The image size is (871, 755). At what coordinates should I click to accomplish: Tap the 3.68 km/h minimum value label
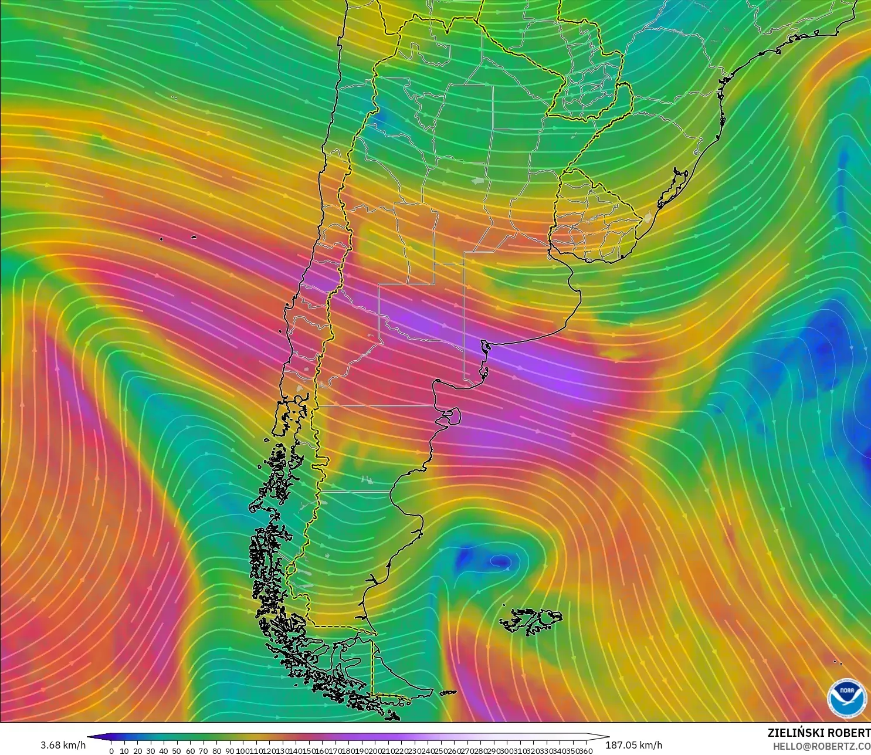tap(63, 745)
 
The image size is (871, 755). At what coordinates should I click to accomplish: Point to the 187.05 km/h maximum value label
tap(633, 745)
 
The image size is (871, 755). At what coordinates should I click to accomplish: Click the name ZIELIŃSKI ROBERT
tap(819, 733)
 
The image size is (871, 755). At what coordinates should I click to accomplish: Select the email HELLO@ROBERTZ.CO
tap(821, 746)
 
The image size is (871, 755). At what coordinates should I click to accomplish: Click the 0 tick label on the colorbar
tap(111, 751)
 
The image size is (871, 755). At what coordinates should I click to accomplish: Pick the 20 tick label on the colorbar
tap(137, 751)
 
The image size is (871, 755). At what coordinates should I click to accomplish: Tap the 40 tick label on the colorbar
tap(164, 751)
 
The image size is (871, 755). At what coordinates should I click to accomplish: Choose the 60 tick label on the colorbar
tap(190, 751)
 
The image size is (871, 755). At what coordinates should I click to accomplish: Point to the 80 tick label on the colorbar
tap(216, 751)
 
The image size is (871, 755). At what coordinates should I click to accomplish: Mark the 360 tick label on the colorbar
tap(585, 751)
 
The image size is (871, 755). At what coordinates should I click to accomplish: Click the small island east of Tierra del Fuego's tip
tap(449, 693)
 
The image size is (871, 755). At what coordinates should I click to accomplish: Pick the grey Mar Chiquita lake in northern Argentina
tap(479, 181)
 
